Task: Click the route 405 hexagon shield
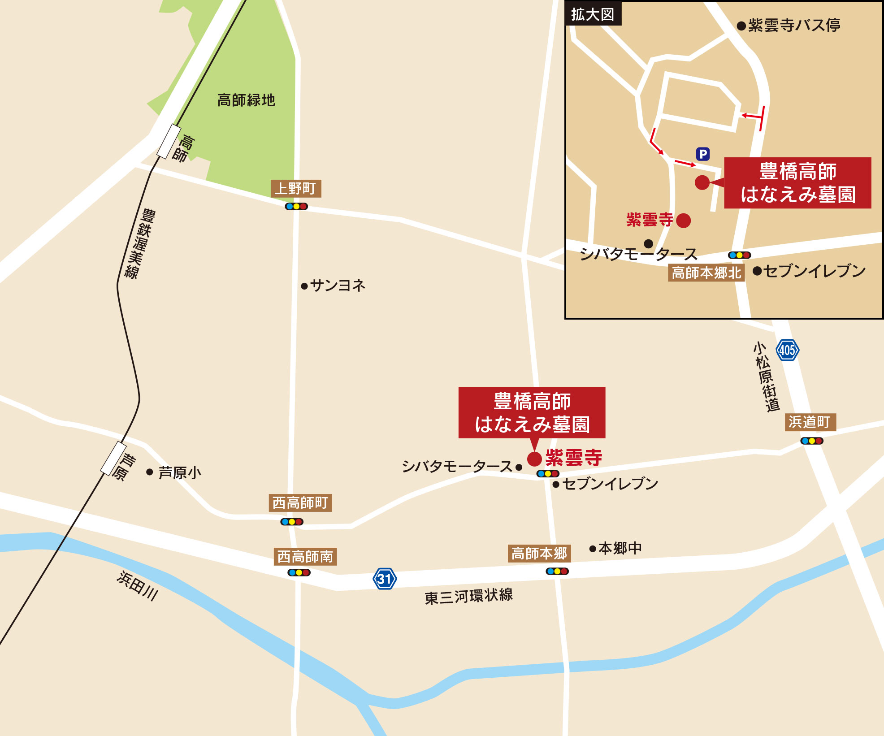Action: pos(787,350)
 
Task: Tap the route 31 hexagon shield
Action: pos(385,579)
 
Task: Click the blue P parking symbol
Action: pos(702,154)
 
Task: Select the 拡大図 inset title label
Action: pos(593,15)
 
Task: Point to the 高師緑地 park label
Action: pos(246,100)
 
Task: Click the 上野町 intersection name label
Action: pos(296,189)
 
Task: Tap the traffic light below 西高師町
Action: pos(292,522)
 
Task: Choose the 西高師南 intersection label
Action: pos(305,557)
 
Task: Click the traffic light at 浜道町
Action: pos(812,441)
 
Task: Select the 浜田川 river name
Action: pos(137,585)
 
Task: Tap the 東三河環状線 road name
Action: pos(468,597)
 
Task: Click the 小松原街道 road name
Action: pos(767,377)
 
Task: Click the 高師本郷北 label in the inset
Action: pos(706,273)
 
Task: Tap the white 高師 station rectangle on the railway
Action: pos(169,141)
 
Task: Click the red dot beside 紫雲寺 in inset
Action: pos(683,221)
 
